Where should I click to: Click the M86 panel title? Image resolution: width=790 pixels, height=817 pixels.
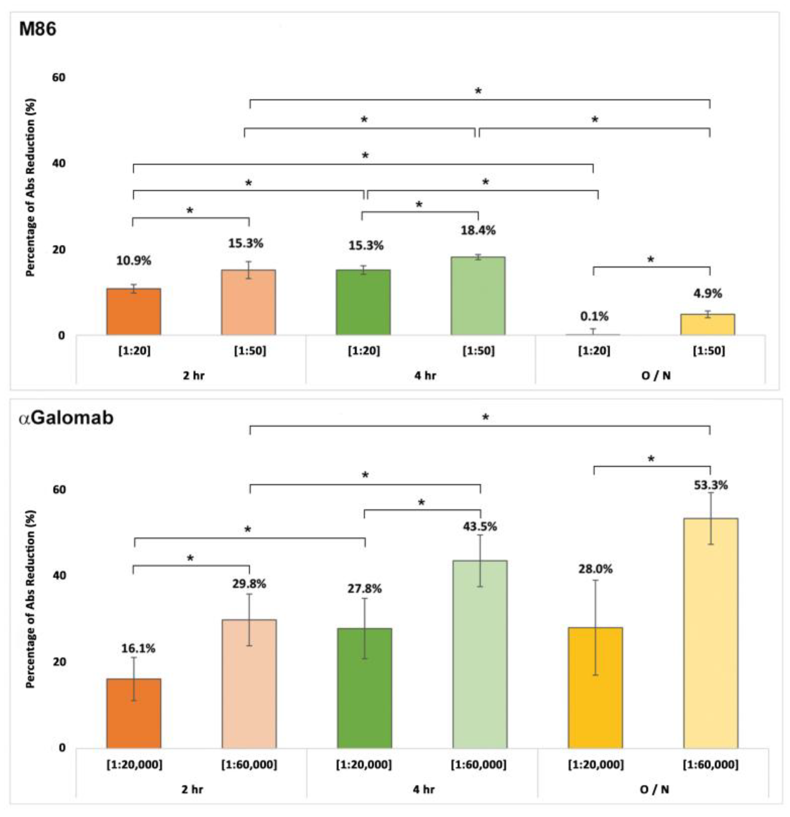(x=38, y=30)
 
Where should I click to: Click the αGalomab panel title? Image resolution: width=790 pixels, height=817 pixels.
(x=66, y=418)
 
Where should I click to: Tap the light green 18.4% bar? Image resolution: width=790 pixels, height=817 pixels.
(x=478, y=296)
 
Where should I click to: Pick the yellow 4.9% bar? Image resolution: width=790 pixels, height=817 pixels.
(x=708, y=325)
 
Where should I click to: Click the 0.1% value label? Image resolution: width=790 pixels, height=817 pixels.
(x=594, y=316)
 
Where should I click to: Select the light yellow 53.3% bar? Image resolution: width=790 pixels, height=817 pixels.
(x=710, y=633)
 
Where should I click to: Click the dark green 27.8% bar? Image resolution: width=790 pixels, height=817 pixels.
(x=364, y=688)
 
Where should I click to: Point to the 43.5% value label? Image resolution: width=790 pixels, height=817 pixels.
(x=480, y=527)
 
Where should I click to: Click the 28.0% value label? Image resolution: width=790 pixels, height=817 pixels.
(x=595, y=569)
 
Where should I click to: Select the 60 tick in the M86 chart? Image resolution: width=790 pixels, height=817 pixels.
(x=58, y=78)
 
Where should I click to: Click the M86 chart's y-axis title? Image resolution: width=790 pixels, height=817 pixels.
(x=31, y=188)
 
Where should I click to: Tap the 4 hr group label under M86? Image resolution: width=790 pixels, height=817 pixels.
(x=425, y=375)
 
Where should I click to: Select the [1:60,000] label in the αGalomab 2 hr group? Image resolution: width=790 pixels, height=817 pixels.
(x=249, y=764)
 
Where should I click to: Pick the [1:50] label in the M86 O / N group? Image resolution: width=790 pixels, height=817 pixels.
(x=709, y=351)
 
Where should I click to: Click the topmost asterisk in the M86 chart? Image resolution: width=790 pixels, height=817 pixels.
(x=478, y=91)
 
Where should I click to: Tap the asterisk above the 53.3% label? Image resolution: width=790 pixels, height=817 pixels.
(x=651, y=459)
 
